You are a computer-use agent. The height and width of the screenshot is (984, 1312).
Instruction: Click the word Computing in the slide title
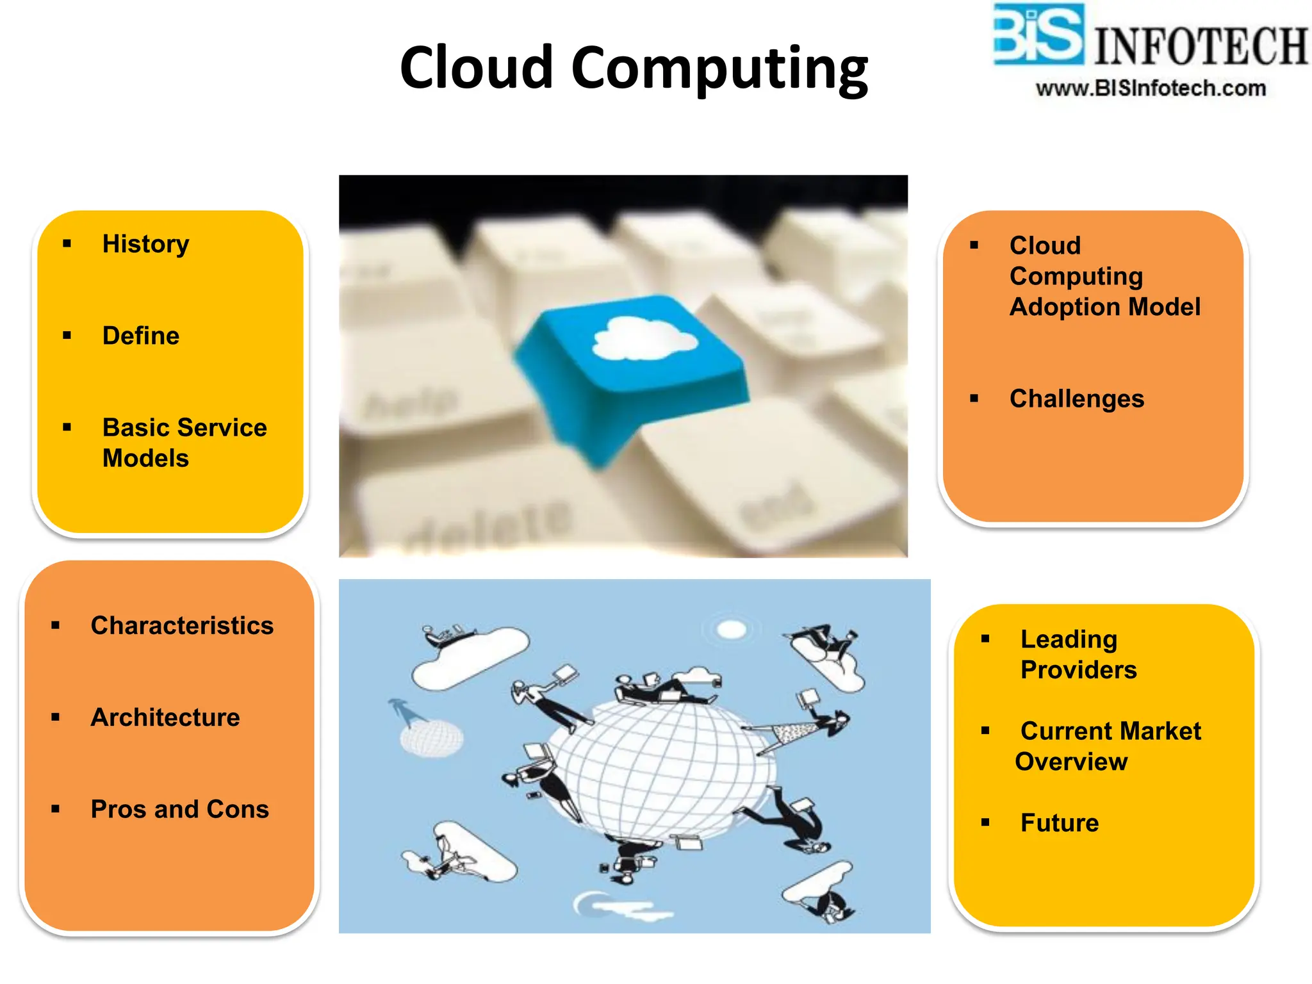point(719,69)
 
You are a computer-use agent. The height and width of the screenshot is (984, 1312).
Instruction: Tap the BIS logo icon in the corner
point(1038,35)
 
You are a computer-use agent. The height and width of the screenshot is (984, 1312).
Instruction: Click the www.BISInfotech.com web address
point(1151,88)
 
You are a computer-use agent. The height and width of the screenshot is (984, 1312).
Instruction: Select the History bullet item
point(145,244)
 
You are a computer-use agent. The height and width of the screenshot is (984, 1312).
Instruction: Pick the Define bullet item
point(141,336)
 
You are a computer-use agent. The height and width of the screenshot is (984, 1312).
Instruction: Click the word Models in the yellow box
point(145,459)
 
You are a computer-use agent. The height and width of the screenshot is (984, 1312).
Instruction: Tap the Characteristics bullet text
point(182,625)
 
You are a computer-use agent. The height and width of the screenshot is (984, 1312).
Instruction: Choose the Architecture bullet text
point(165,717)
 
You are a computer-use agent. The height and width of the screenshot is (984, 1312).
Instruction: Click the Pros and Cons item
point(179,809)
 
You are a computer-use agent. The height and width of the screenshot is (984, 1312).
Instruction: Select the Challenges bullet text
point(1076,398)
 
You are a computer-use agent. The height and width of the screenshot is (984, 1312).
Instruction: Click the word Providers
point(1078,670)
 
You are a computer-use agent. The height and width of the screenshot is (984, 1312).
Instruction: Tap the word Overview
point(1071,762)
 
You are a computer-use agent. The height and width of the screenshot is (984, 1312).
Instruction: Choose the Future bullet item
point(1059,823)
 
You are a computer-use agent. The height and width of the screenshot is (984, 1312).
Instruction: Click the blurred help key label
point(410,404)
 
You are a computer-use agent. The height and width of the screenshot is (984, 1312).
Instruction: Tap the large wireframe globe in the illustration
point(660,769)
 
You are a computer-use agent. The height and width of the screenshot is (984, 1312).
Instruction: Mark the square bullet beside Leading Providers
point(985,639)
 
